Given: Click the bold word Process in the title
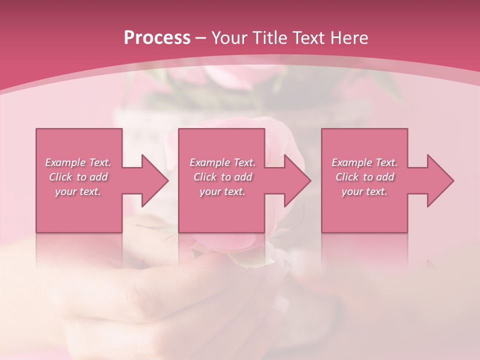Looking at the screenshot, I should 157,38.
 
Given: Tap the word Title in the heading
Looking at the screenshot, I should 269,38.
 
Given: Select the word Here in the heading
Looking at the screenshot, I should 348,38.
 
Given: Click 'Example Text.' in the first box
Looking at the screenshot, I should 78,162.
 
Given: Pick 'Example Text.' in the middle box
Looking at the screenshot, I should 222,162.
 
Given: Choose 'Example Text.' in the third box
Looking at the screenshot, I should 364,162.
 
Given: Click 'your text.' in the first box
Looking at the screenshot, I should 78,191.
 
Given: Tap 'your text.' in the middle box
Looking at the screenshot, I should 222,191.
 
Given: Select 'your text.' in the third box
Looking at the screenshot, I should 364,191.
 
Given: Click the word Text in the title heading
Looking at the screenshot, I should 309,38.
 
